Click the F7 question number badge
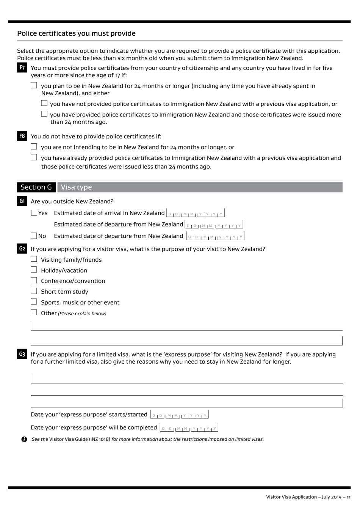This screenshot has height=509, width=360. [x=22, y=68]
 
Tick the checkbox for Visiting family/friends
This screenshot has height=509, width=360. [x=34, y=259]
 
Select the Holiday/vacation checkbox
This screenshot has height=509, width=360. [x=34, y=270]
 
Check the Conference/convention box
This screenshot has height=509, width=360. [x=34, y=281]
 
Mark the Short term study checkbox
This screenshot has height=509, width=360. [x=34, y=291]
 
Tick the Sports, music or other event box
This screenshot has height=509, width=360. [x=34, y=302]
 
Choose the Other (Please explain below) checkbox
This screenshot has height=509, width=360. [x=34, y=313]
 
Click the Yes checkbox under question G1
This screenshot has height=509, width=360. [x=34, y=213]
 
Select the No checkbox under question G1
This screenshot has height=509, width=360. [x=34, y=236]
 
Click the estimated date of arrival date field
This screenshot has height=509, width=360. [x=195, y=213]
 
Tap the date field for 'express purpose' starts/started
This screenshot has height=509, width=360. [x=179, y=415]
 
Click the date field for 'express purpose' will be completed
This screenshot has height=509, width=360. [x=189, y=428]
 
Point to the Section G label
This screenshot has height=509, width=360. [x=36, y=187]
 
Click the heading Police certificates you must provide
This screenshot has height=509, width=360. [x=76, y=33]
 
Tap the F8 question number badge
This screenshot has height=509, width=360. [x=22, y=136]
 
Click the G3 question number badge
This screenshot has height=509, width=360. [x=22, y=354]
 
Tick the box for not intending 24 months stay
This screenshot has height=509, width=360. [x=34, y=147]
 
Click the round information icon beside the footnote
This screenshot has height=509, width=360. [x=24, y=439]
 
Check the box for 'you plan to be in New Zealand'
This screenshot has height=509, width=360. [x=34, y=86]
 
